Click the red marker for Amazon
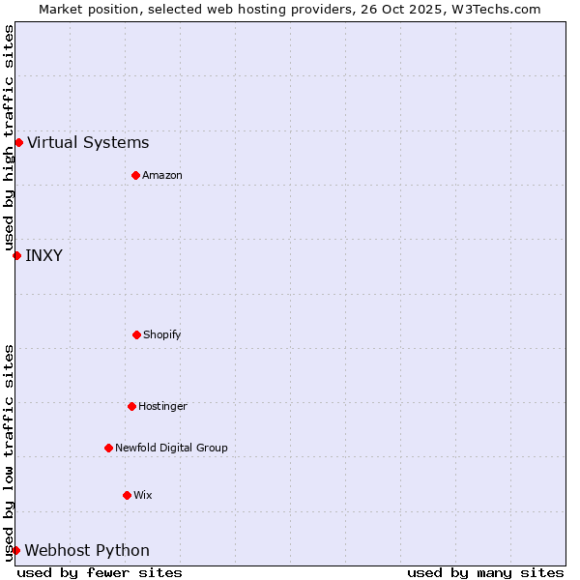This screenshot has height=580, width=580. (135, 175)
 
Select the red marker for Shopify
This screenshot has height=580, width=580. (136, 334)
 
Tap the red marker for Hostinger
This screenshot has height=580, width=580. (131, 406)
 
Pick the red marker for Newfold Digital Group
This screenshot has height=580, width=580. (108, 448)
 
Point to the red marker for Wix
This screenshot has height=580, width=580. (127, 495)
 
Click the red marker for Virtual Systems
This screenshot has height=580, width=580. (18, 142)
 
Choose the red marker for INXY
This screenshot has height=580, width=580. (16, 255)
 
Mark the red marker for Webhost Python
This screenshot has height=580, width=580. (15, 550)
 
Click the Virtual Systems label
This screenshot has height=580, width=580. (88, 143)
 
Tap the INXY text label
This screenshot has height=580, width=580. (43, 256)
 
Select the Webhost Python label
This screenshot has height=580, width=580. (87, 551)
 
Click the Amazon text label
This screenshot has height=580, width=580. (162, 176)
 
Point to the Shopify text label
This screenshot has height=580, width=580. (162, 335)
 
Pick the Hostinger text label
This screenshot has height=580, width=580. (162, 407)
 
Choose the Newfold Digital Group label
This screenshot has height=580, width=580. (171, 449)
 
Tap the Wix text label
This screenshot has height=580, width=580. (143, 496)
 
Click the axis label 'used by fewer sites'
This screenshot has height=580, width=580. (100, 572)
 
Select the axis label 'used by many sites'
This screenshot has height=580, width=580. (485, 572)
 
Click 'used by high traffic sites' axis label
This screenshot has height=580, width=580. (9, 138)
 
